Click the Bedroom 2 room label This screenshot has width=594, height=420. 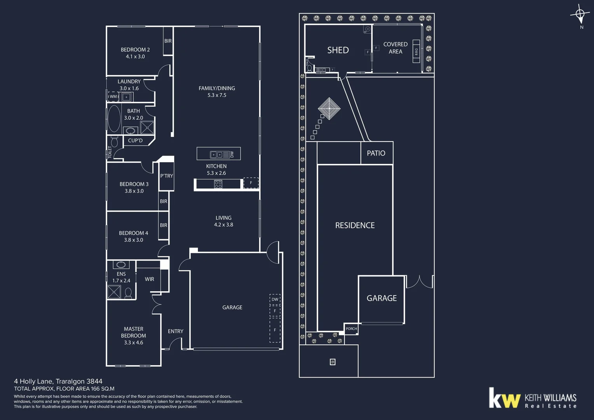(x=135, y=50)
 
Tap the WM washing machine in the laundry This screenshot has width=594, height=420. (x=113, y=96)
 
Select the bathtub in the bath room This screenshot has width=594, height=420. (x=114, y=119)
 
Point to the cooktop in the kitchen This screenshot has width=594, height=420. (x=218, y=184)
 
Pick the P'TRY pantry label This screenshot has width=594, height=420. (x=166, y=176)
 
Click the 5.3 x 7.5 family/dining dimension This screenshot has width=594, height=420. (x=217, y=95)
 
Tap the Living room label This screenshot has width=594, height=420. (x=223, y=218)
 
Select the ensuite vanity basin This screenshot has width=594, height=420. (x=121, y=265)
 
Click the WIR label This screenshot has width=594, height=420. (x=149, y=279)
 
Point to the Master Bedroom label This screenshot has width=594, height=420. (x=133, y=332)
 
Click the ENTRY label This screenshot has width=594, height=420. (x=175, y=331)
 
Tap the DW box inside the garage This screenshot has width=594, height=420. (x=275, y=299)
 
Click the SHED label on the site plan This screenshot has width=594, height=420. (x=338, y=50)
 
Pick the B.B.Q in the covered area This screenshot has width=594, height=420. (x=416, y=51)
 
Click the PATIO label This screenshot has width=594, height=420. (x=376, y=153)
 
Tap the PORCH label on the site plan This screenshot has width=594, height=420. (x=351, y=329)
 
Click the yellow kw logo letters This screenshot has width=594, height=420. (x=504, y=398)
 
